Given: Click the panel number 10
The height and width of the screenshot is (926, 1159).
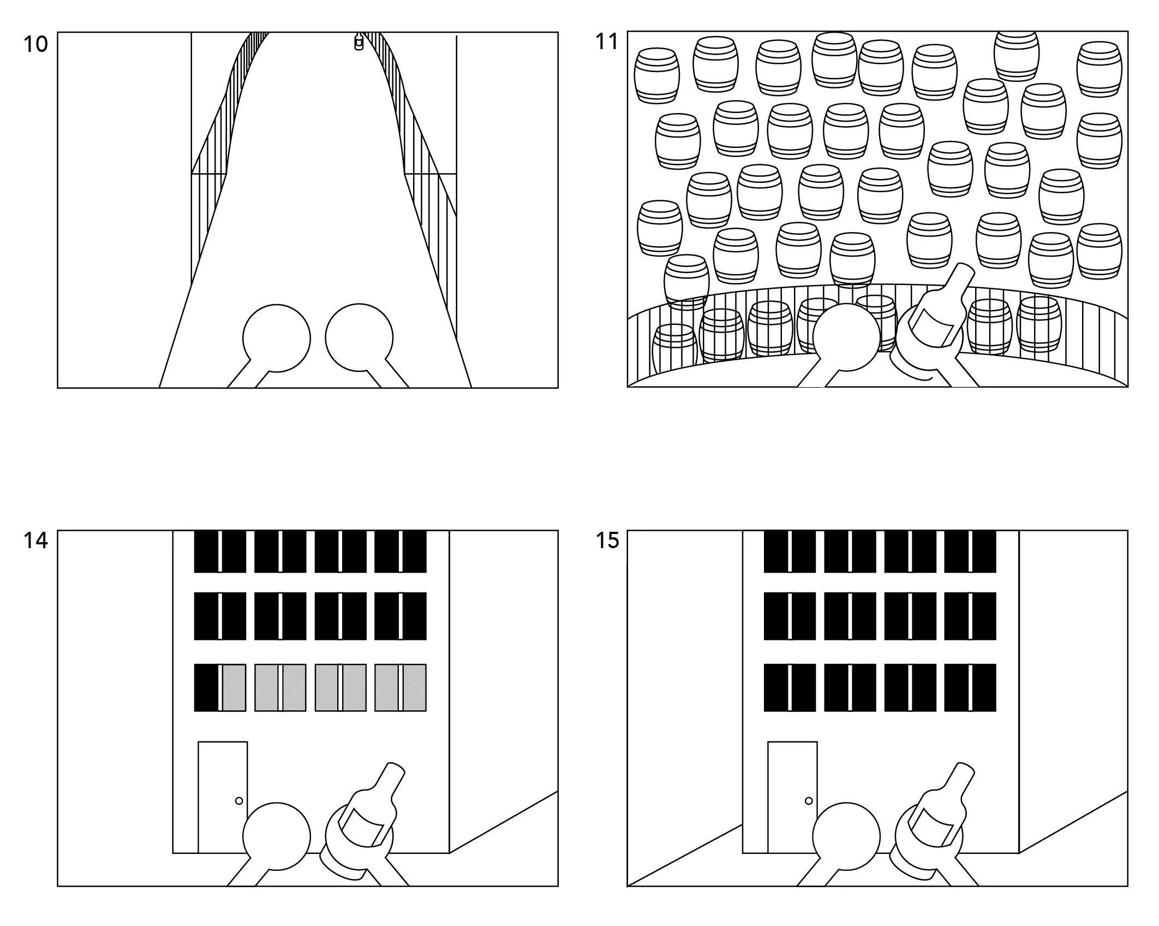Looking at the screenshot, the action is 35,44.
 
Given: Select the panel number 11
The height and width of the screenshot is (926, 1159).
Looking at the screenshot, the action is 607,41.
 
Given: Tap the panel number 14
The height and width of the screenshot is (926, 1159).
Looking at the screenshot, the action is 35,541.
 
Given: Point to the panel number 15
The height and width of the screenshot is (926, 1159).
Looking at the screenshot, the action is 607,541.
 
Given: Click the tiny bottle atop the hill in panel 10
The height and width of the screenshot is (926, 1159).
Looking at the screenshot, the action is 359,41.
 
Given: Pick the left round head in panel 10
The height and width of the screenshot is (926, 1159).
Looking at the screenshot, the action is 277,338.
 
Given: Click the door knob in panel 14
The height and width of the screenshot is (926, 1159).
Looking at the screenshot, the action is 238,801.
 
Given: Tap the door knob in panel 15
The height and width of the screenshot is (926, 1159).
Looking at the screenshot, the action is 809,801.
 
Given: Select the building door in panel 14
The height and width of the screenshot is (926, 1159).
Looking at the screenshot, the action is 223,797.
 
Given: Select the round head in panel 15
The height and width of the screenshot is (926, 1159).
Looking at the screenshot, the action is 846,836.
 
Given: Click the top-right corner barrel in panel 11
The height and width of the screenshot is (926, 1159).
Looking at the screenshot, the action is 1099,69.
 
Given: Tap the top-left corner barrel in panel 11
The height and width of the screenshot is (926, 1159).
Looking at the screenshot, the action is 657,75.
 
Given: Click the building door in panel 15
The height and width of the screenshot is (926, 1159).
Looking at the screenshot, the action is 792,797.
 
